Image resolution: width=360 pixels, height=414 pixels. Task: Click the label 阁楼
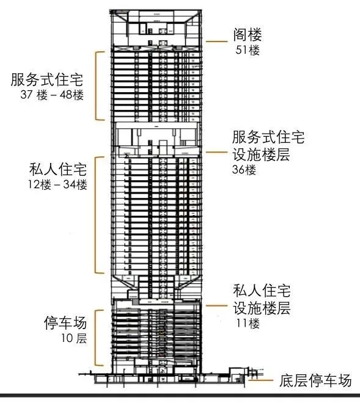pos(248,35)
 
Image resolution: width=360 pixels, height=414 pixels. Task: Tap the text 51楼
pos(248,50)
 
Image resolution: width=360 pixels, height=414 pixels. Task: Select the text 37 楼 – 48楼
pos(52,95)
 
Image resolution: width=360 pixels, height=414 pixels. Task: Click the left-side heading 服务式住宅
pos(47,79)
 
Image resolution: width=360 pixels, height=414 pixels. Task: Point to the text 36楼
pos(244,170)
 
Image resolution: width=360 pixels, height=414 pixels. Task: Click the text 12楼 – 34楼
pos(57,184)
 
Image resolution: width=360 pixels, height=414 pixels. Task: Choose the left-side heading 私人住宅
pos(58,169)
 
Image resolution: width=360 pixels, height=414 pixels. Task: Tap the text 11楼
pos(248,324)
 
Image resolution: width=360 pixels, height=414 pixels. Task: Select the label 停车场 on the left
pos(65,322)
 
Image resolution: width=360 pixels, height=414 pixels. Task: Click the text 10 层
pos(74,338)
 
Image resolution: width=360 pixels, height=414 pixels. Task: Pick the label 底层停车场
pos(315,380)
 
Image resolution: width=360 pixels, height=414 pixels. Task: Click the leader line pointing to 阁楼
pos(216,42)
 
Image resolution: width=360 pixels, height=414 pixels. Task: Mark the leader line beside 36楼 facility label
pos(216,152)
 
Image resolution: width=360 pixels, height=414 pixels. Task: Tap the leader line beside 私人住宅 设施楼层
pos(216,306)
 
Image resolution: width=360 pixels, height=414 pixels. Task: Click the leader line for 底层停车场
pos(262,380)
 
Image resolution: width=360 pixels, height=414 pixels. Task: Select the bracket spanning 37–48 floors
pos(96,86)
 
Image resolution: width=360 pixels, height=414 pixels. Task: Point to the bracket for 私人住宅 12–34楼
pos(96,215)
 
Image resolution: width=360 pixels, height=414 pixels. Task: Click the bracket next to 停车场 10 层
pos(96,338)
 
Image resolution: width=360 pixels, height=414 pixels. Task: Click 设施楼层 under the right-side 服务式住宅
pos(261,154)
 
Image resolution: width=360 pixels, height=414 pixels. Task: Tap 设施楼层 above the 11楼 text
pos(262,308)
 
